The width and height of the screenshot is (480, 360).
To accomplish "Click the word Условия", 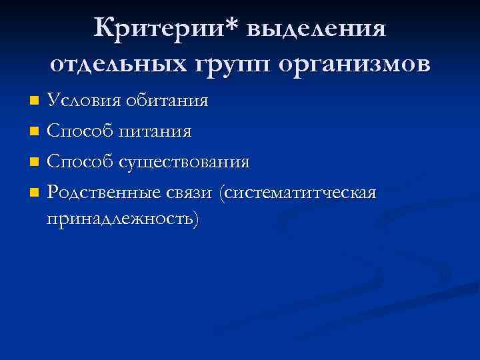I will [x=81, y=101].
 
